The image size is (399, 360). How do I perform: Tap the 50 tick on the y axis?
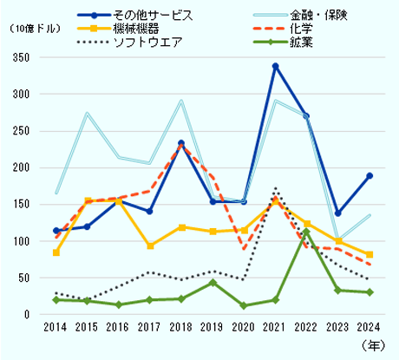pos(32,278)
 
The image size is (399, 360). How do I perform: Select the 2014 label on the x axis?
pos(56,328)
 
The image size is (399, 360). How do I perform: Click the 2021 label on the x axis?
pos(275,328)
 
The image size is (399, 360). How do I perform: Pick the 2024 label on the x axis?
pos(369,328)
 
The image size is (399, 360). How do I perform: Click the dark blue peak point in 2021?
pos(275,66)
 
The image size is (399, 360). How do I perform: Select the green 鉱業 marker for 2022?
pos(306,232)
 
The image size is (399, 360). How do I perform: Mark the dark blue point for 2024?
pos(369,175)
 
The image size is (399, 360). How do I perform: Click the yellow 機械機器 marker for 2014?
pos(56,252)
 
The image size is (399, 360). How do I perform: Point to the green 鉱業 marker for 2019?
pos(213,282)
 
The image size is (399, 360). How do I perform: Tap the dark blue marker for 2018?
pos(181,143)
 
